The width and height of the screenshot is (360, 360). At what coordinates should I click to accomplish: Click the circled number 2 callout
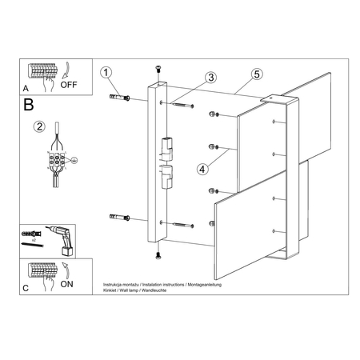(x=38, y=125)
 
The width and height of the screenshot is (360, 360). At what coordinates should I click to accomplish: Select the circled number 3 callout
(x=210, y=78)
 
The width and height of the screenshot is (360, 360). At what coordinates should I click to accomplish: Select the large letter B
(x=30, y=104)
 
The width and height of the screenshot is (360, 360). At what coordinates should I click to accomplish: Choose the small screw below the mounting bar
(x=157, y=254)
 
